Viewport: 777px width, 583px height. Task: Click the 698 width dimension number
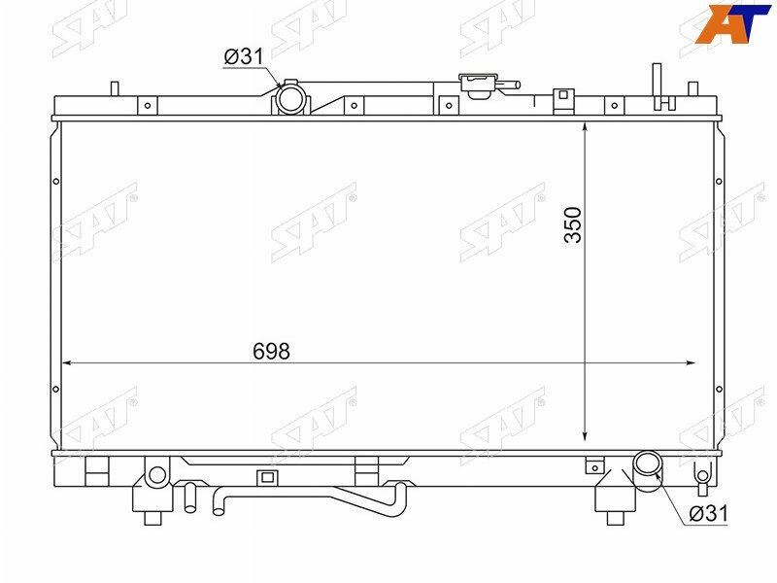tap(272, 352)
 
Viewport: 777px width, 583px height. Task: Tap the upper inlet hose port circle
tap(289, 97)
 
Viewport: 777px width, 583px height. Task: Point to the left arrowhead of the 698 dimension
tap(67, 363)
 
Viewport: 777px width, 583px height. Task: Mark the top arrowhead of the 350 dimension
tap(585, 128)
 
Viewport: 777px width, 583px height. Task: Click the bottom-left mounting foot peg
tap(152, 516)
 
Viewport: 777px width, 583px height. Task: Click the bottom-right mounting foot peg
tap(614, 516)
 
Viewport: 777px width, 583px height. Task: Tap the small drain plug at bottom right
tap(702, 475)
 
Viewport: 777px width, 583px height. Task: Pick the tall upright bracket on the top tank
tap(658, 86)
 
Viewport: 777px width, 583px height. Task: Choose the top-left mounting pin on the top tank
tap(114, 88)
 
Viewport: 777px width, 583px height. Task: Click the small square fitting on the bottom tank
tap(266, 477)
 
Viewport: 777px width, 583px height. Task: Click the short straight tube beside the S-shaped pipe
tap(190, 497)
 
